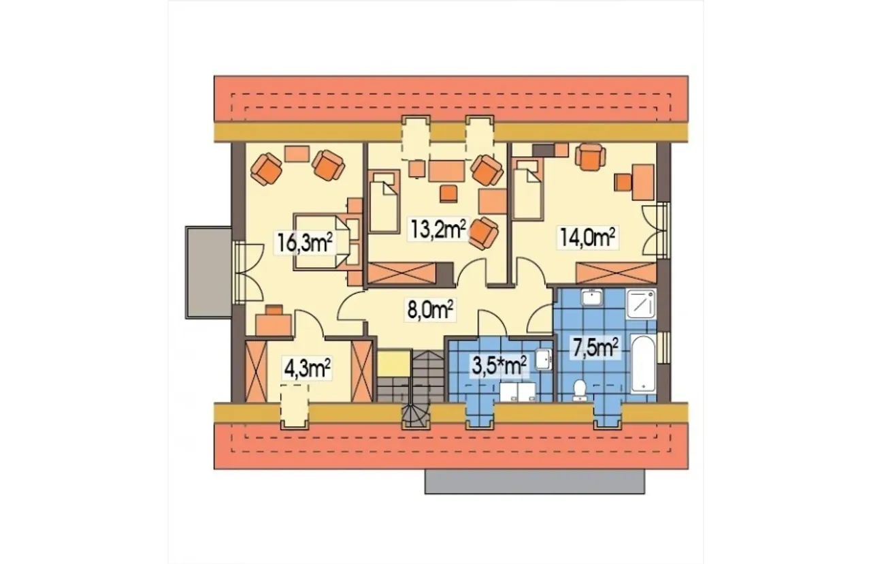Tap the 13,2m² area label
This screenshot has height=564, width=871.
[438, 230]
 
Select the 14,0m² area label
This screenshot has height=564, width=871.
[587, 237]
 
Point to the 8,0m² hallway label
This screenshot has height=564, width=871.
[430, 310]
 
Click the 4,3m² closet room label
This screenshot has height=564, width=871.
[308, 369]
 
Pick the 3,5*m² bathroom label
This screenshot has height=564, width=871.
[499, 366]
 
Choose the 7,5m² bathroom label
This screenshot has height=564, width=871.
[595, 347]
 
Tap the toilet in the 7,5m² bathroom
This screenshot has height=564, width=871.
[579, 390]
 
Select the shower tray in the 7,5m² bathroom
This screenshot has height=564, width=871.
[642, 304]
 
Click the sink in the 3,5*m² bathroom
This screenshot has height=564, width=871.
[543, 358]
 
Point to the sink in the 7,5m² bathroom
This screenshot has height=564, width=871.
[591, 298]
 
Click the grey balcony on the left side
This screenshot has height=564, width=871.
[209, 273]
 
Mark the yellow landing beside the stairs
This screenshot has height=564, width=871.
[394, 363]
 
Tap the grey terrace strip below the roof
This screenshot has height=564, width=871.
[535, 482]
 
